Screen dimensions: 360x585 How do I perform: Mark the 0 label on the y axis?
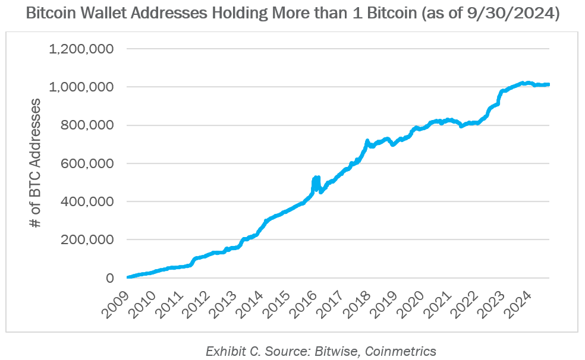point(110,278)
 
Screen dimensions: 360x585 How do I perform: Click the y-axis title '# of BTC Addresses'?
point(36,163)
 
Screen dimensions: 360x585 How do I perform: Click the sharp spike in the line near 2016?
point(316,178)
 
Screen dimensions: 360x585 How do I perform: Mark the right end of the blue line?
point(548,84)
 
